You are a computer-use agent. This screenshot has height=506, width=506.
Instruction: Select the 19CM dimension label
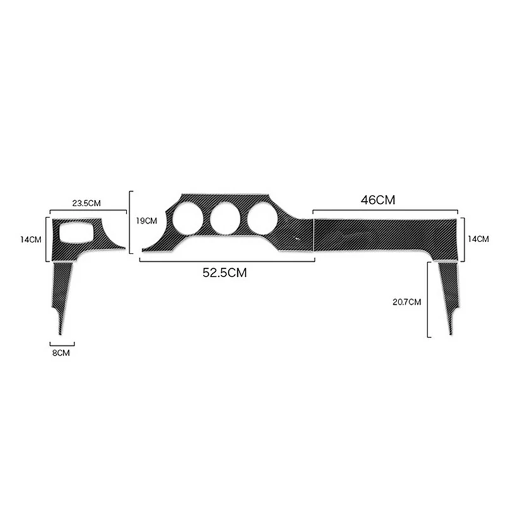click(147, 221)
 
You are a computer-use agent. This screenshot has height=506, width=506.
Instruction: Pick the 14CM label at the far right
click(479, 238)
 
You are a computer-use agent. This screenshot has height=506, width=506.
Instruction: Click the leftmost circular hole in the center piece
click(188, 219)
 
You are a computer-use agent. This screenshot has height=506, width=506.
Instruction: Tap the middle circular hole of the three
click(225, 219)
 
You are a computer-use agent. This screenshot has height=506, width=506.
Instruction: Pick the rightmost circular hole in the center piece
click(262, 219)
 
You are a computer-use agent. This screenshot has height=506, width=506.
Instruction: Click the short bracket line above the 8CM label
click(62, 344)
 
